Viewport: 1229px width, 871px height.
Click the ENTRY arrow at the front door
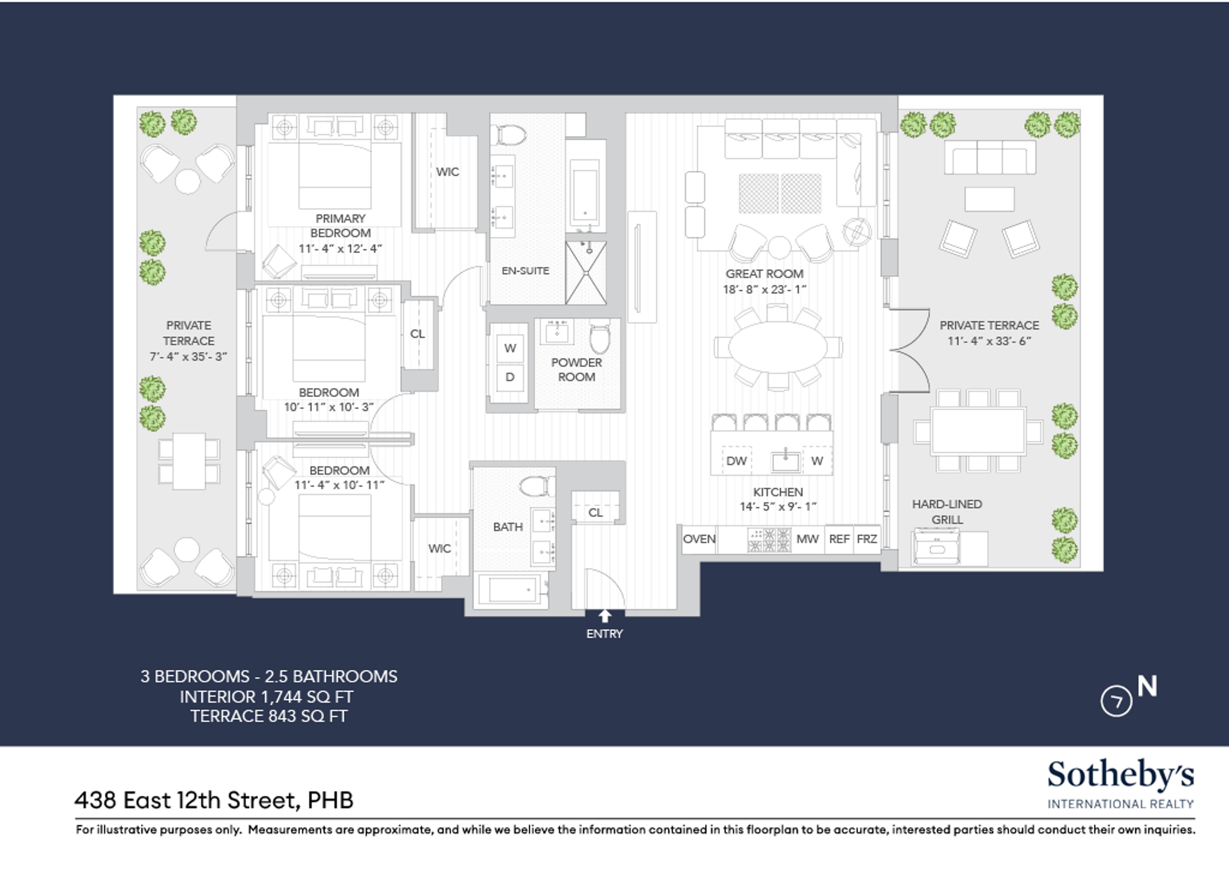(x=605, y=616)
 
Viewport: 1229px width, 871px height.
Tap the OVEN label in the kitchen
(x=699, y=539)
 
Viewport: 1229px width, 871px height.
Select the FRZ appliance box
(x=867, y=538)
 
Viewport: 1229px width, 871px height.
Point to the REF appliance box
(x=839, y=538)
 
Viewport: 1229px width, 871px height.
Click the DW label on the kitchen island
(x=737, y=461)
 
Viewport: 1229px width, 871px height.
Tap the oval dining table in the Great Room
(x=778, y=347)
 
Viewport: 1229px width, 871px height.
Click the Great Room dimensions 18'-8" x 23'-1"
(x=764, y=290)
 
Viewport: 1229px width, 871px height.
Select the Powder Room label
(x=577, y=369)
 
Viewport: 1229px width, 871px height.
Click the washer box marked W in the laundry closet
(x=510, y=348)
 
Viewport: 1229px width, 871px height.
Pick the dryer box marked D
(x=510, y=377)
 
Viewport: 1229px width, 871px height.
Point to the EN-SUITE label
(x=525, y=271)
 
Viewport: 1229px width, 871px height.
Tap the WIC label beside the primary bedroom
(x=447, y=172)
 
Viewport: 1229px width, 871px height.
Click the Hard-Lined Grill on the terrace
(x=936, y=547)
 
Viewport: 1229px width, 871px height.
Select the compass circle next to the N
(x=1116, y=701)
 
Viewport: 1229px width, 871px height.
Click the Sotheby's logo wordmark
(x=1120, y=776)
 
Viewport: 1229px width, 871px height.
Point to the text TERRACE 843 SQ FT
(x=269, y=716)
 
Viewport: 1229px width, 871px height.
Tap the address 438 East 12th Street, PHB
(x=214, y=800)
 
